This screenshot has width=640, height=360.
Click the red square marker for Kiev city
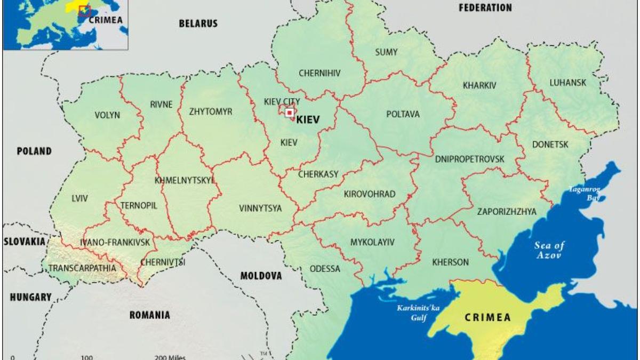(290, 113)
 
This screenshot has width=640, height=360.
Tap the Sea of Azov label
(549, 250)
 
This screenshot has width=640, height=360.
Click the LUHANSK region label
(567, 83)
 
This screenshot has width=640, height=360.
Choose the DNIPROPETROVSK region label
(469, 159)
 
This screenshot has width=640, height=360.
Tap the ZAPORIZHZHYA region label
(507, 212)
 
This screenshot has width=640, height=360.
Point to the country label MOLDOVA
(261, 276)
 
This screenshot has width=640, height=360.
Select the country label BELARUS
(198, 23)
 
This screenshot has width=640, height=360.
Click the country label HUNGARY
(30, 298)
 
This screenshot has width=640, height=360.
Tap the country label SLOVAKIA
(25, 242)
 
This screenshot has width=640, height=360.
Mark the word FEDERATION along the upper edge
(485, 7)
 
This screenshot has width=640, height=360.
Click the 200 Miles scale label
(170, 357)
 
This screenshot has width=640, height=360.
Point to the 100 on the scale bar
(86, 357)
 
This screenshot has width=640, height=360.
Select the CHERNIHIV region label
(319, 73)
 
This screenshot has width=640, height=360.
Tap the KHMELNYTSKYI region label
(184, 180)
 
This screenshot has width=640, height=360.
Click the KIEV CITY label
(282, 101)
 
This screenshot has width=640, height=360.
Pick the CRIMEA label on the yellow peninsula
(487, 317)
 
